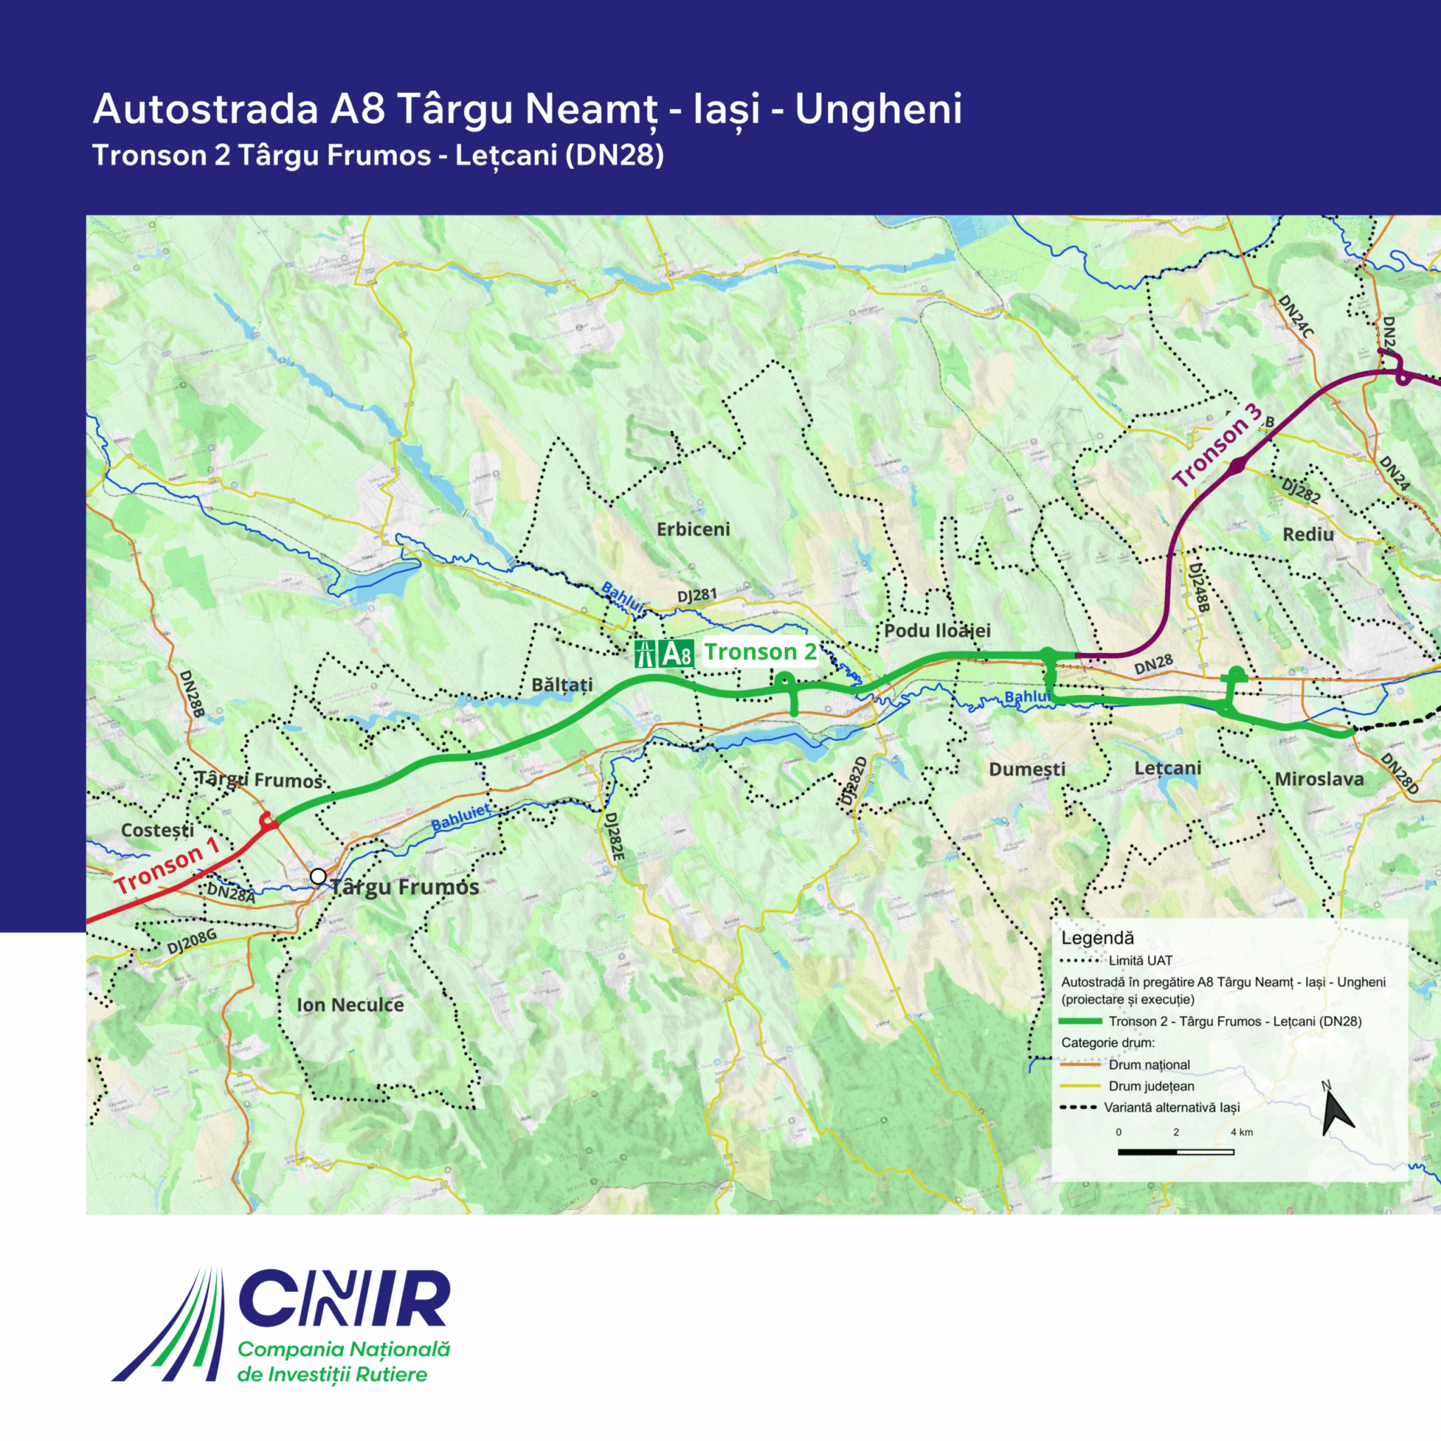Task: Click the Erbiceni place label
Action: [x=693, y=529]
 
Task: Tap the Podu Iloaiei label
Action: [x=937, y=630]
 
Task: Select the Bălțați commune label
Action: [x=561, y=685]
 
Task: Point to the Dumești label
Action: [x=1027, y=769]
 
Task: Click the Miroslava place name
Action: [x=1319, y=779]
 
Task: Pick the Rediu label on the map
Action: [x=1307, y=534]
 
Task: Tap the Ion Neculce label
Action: [x=350, y=1005]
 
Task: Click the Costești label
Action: [x=157, y=830]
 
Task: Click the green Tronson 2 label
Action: [x=760, y=652]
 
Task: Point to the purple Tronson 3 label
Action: [x=1217, y=445]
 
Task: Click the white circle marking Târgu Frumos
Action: [x=319, y=877]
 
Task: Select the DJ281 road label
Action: [x=697, y=595]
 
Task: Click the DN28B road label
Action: [x=191, y=694]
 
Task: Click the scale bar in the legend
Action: [x=1176, y=1152]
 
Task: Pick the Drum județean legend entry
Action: [x=1151, y=1086]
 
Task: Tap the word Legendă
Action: [x=1097, y=939]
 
